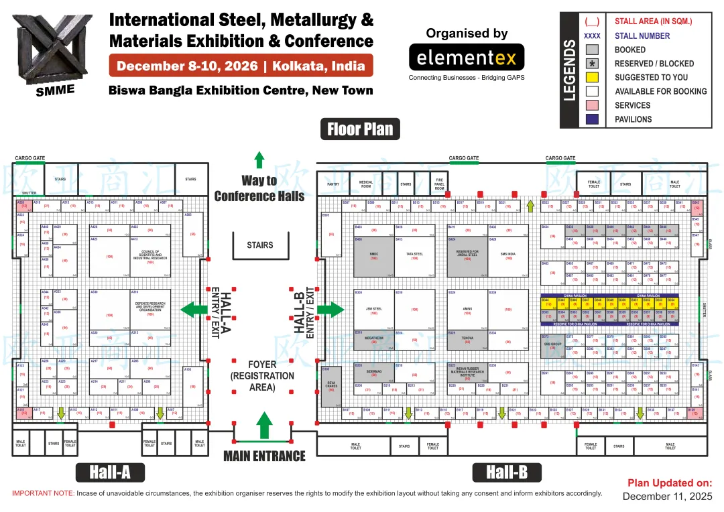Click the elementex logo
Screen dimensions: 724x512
[x=467, y=58]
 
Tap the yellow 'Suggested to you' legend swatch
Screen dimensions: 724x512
[x=592, y=77]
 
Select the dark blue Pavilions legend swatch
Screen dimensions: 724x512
[x=592, y=119]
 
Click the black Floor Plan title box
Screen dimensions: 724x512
[x=361, y=129]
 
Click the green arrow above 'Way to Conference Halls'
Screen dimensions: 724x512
[x=259, y=159]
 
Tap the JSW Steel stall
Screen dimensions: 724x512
[x=374, y=311]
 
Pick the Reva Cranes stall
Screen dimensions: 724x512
[x=330, y=387]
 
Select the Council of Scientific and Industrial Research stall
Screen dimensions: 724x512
[x=150, y=257]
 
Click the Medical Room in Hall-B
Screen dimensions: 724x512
[x=366, y=184]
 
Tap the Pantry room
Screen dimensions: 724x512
[x=333, y=184]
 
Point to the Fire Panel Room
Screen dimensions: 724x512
[x=439, y=184]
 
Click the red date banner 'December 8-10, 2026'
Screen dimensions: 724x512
[x=241, y=66]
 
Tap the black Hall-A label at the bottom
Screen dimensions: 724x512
[x=110, y=472]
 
